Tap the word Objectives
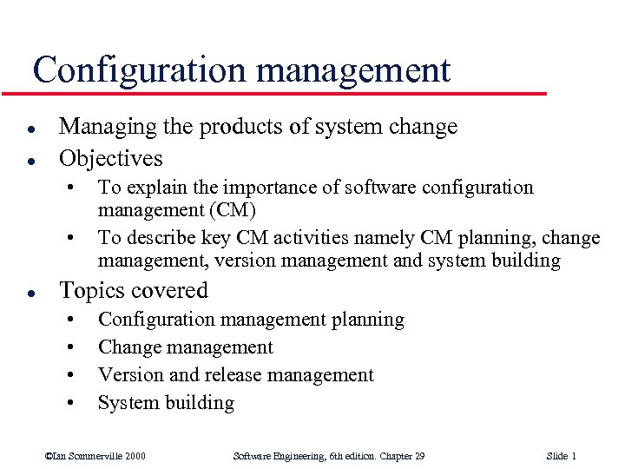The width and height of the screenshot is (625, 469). coord(110,158)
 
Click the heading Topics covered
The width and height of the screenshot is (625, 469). coord(133,290)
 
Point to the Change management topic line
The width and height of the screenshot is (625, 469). coord(185,347)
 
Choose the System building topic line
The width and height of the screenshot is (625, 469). coord(166,403)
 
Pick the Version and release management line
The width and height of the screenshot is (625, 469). coord(235,375)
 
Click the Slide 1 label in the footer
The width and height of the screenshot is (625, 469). coord(562,456)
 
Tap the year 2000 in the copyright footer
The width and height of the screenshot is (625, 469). coord(134,456)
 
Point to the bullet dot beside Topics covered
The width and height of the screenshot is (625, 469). coord(30,292)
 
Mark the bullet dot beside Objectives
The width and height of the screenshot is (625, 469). coord(30,160)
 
